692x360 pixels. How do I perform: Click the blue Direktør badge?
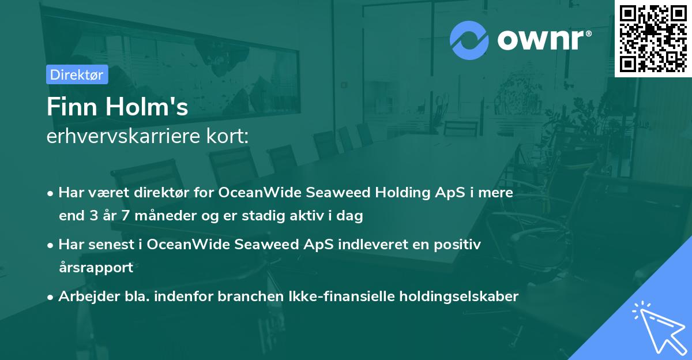tap(77, 74)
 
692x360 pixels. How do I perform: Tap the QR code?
tap(653, 39)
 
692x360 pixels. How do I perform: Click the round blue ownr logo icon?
tap(469, 40)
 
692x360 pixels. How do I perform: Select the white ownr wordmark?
tap(544, 40)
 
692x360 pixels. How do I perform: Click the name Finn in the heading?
tap(72, 107)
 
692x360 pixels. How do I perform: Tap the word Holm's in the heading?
tap(146, 107)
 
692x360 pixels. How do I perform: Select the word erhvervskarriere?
tap(123, 136)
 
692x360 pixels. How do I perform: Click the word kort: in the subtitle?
tap(227, 136)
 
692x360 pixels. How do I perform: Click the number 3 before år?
tap(94, 216)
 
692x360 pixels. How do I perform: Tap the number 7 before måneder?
tap(125, 216)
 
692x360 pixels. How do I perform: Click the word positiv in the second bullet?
tap(457, 245)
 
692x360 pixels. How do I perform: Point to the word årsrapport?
tap(96, 268)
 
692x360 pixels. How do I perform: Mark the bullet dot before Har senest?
tap(50, 246)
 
